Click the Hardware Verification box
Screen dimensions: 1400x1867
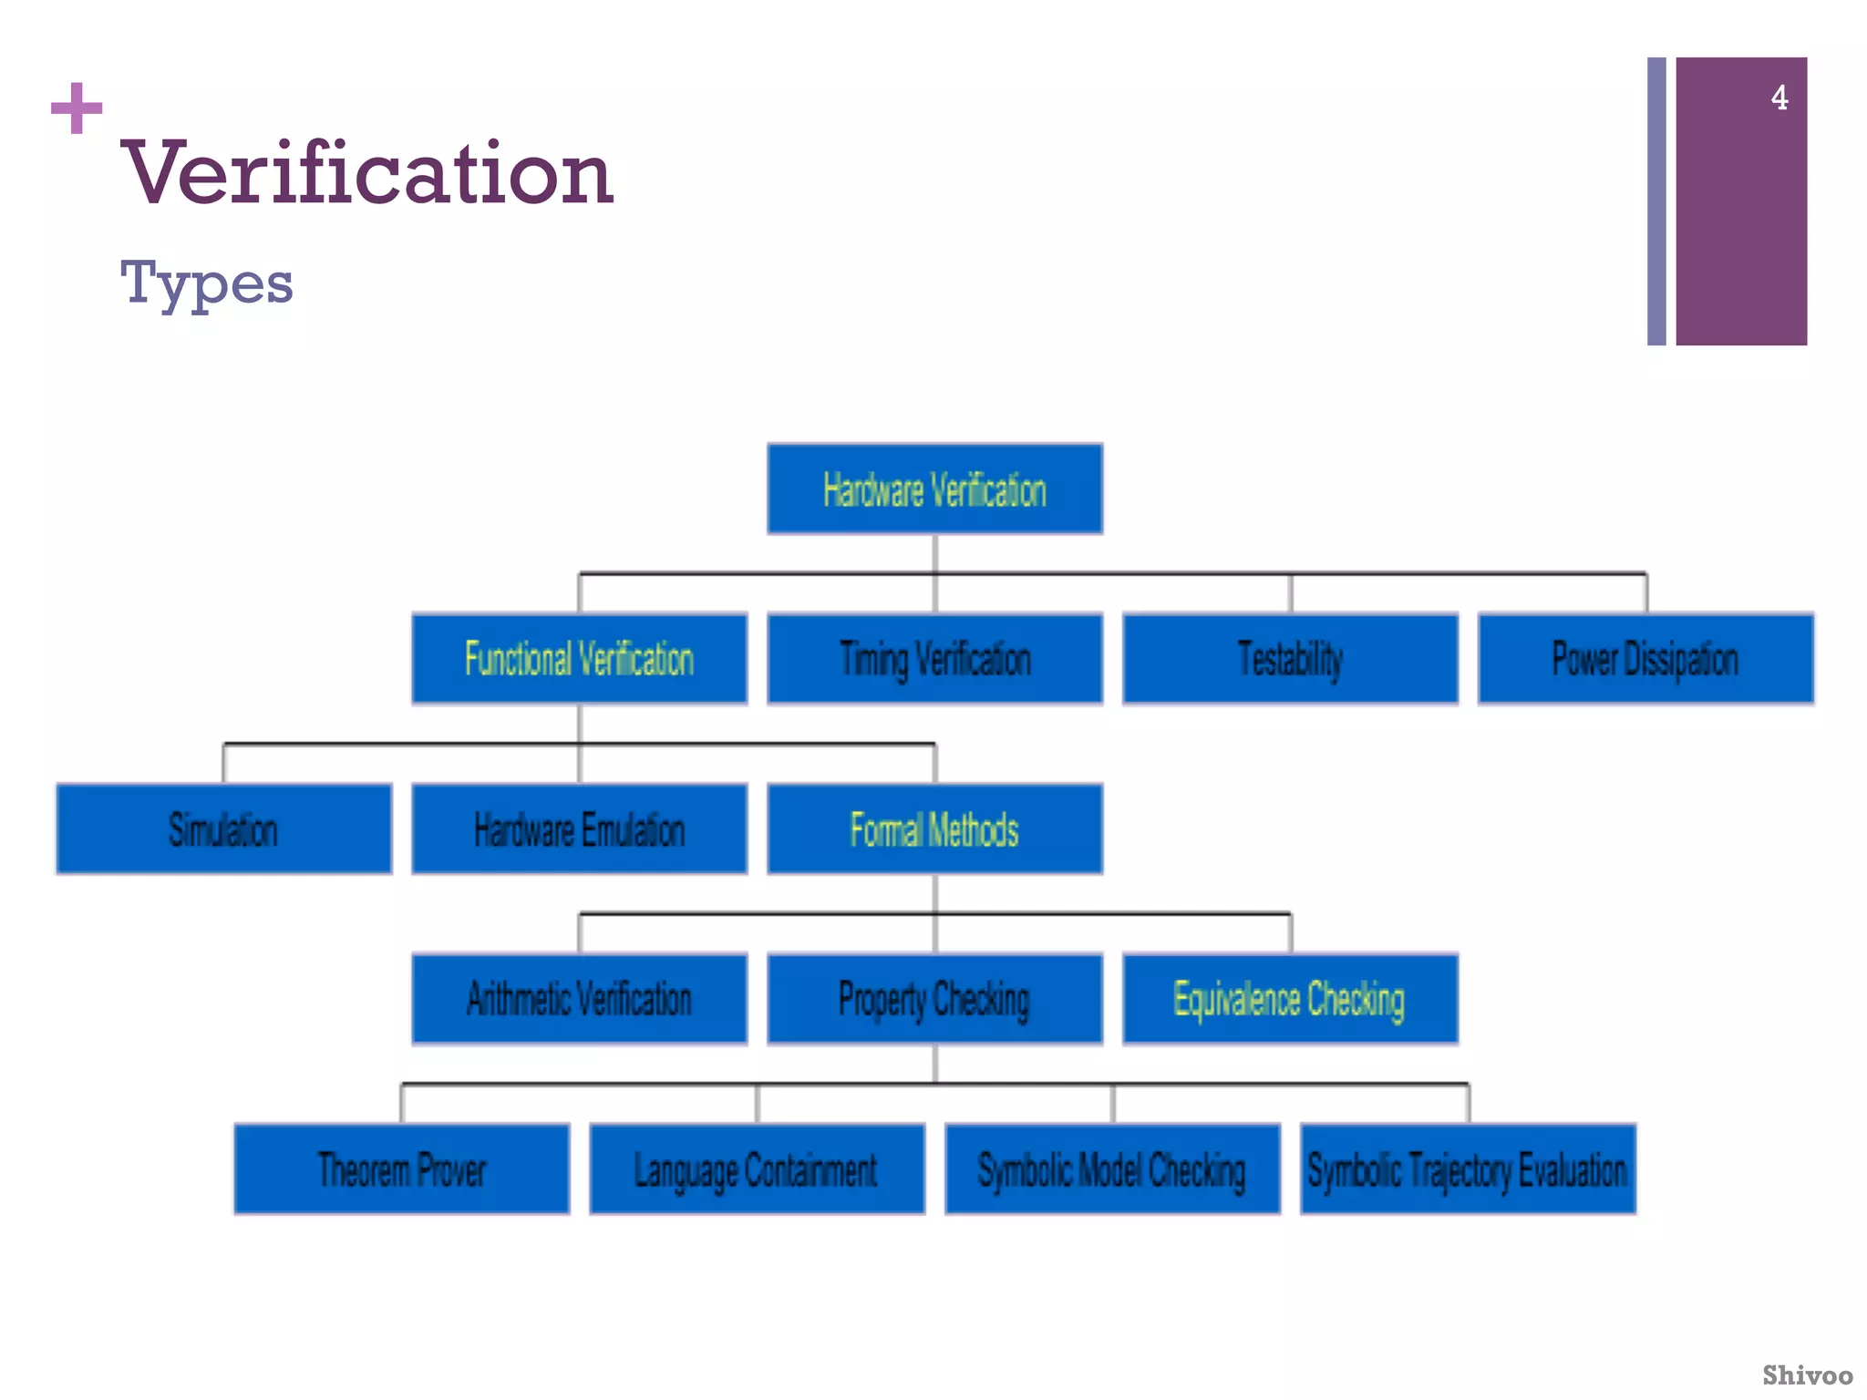(x=934, y=489)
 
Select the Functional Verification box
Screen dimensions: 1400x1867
(x=579, y=659)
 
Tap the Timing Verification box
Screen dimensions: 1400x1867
(x=934, y=659)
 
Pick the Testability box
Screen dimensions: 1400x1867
(x=1290, y=659)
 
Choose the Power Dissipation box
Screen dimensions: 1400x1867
(x=1645, y=659)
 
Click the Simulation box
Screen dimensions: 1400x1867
(x=223, y=829)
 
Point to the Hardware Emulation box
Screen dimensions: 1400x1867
(x=579, y=829)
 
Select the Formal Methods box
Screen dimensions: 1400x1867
(x=934, y=829)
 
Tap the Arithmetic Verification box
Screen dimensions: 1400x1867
(x=579, y=999)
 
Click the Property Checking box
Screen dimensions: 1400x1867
(x=934, y=999)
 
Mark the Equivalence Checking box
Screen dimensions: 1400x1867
(x=1290, y=999)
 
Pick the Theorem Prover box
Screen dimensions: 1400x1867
(x=401, y=1169)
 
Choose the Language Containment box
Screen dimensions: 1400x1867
(x=757, y=1169)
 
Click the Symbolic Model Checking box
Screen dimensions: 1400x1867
(x=1112, y=1169)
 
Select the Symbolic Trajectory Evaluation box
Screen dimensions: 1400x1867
(x=1468, y=1169)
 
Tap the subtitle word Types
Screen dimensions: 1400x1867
(x=207, y=283)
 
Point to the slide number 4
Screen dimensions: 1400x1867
(x=1779, y=98)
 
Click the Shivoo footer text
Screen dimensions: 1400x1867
(x=1807, y=1374)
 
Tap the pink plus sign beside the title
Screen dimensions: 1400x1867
(x=77, y=108)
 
